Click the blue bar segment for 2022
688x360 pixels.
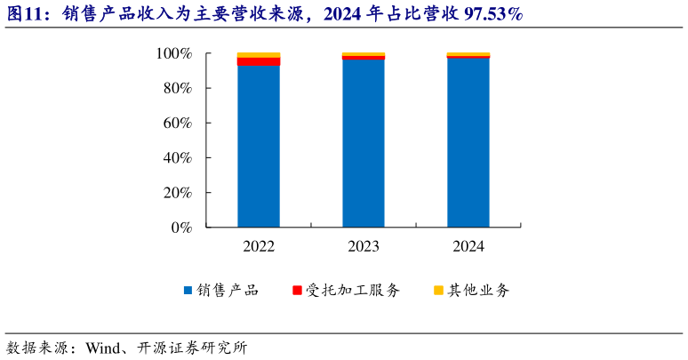click(x=259, y=147)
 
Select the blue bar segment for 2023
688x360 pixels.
click(x=364, y=144)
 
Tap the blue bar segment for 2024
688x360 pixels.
click(x=468, y=143)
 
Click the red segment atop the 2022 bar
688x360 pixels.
click(x=259, y=61)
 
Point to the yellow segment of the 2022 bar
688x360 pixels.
click(x=259, y=55)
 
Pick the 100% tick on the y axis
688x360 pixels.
click(x=173, y=54)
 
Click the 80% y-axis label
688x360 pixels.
click(x=177, y=89)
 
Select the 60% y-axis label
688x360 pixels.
click(x=177, y=124)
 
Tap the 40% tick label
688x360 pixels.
click(x=177, y=158)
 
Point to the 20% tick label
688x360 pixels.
click(x=177, y=193)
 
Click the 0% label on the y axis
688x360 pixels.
click(x=181, y=228)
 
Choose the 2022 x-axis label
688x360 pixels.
click(x=259, y=246)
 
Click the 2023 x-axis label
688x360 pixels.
click(x=364, y=246)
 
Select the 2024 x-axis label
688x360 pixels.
click(x=468, y=246)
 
